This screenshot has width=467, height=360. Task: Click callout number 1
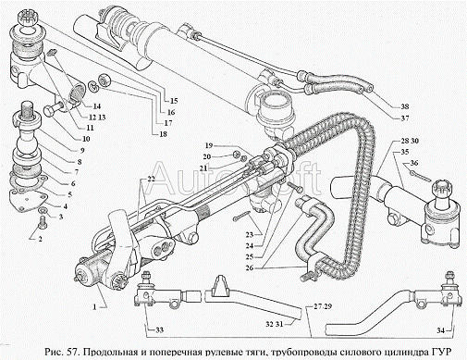click(x=95, y=307)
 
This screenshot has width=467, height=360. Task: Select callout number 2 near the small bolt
click(x=40, y=239)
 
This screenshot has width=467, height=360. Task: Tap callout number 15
click(x=174, y=101)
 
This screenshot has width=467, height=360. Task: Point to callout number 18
click(x=163, y=134)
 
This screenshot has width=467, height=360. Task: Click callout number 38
click(x=405, y=106)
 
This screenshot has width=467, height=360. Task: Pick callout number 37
click(x=405, y=118)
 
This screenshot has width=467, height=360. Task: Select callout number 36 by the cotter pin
click(x=414, y=164)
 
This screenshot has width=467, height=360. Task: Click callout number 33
click(x=159, y=330)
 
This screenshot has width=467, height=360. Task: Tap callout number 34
click(x=441, y=330)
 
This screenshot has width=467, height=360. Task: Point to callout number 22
click(x=151, y=179)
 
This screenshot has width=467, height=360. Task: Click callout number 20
click(x=207, y=156)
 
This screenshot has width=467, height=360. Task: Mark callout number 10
click(x=86, y=139)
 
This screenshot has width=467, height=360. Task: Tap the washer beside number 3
click(x=43, y=210)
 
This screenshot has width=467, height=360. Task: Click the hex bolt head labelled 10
click(x=51, y=110)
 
